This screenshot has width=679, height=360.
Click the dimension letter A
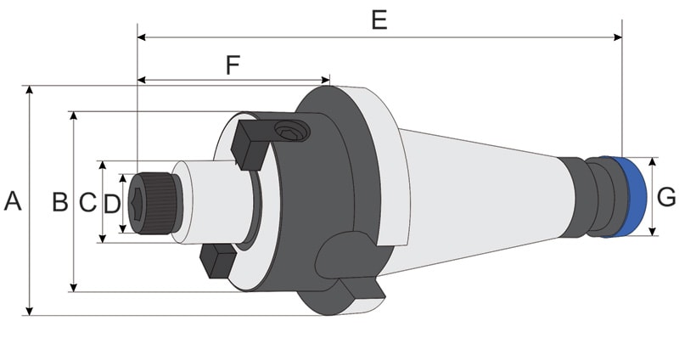tap(12, 201)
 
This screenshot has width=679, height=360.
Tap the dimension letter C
tap(87, 202)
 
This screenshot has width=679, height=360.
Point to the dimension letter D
tap(112, 203)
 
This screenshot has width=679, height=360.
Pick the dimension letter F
tap(233, 65)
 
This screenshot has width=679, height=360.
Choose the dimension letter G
tap(667, 197)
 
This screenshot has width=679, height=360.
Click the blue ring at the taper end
tap(632, 197)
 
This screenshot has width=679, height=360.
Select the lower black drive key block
tap(218, 261)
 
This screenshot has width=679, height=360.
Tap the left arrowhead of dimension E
tap(141, 37)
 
